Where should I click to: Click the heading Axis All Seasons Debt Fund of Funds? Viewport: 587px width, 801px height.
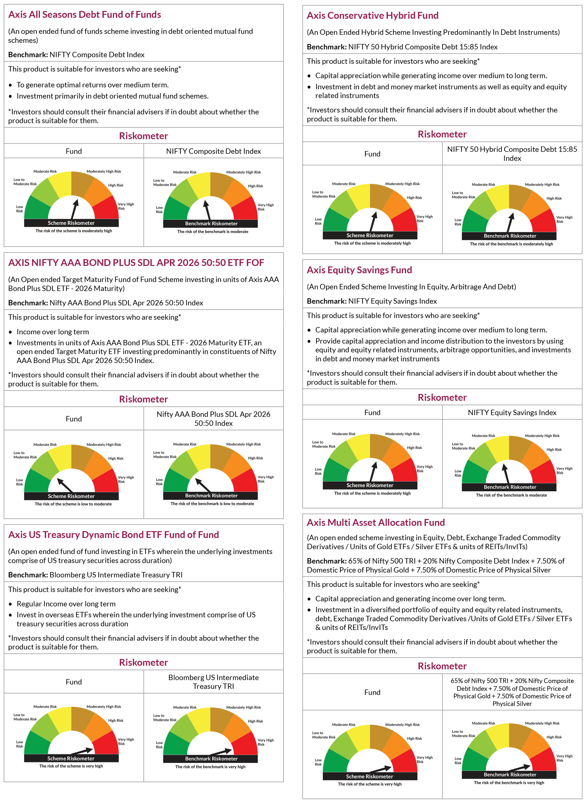click(84, 15)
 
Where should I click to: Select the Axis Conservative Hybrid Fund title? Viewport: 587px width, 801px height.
click(372, 16)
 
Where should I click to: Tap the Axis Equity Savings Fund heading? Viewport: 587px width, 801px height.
click(359, 270)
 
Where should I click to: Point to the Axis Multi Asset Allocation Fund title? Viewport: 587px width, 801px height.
click(376, 522)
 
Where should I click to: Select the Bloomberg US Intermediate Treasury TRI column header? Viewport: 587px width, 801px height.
click(214, 682)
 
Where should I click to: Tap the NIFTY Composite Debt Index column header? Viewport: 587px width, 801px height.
click(214, 151)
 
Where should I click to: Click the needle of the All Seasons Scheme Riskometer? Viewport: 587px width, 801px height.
click(74, 209)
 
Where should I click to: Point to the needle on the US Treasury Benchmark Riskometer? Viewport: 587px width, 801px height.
click(221, 752)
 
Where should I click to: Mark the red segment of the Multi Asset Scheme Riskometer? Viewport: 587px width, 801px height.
click(405, 761)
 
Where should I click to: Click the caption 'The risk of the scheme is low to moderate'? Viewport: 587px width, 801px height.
click(73, 504)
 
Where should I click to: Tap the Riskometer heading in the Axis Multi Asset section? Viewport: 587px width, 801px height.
click(442, 666)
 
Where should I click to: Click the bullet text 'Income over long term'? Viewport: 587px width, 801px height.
click(53, 332)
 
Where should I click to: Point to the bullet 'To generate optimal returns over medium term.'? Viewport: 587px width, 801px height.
click(93, 85)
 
